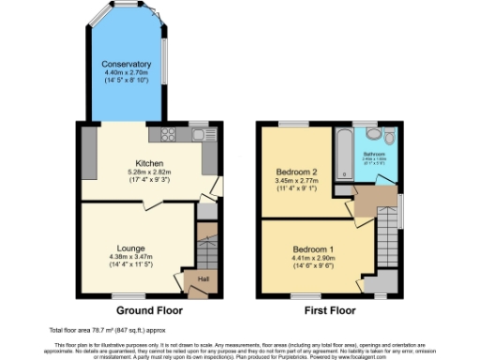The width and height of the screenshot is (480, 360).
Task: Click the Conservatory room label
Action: pos(127,64)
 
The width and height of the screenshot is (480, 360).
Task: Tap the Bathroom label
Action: pos(374,152)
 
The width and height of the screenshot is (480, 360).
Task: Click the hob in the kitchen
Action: pos(170,134)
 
